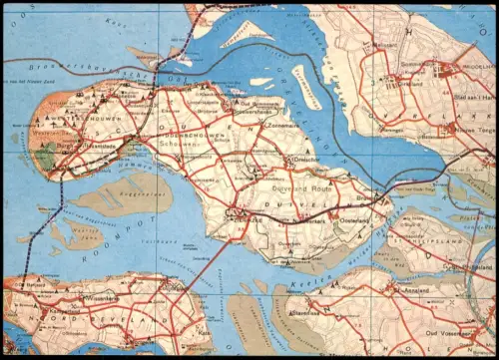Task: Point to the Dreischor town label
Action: coord(304,159)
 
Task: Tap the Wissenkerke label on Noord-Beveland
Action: coord(100,296)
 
